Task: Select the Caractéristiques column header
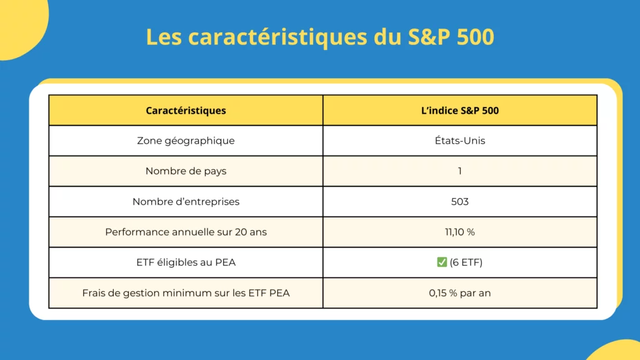tap(186, 111)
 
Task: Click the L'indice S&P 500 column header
tap(460, 111)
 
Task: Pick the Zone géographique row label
tap(186, 141)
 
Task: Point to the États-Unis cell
tap(460, 141)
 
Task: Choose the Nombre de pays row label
tap(186, 171)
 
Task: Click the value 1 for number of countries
tap(460, 171)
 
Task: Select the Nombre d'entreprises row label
tap(186, 202)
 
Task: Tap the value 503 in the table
tap(460, 202)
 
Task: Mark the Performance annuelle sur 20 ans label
tap(186, 232)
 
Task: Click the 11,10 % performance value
tap(460, 232)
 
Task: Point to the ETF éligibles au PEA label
tap(186, 262)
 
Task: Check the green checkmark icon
tap(442, 262)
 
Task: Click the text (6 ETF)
tap(466, 262)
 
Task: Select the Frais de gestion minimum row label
tap(186, 292)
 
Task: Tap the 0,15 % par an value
tap(460, 292)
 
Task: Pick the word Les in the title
tap(164, 37)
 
